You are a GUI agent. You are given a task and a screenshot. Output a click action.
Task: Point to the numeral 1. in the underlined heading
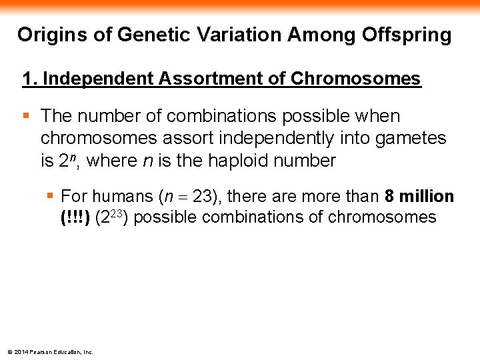(29, 79)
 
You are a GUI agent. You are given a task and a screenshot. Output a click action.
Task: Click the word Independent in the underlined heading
(98, 79)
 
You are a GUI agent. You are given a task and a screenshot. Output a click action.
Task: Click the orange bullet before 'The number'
(27, 115)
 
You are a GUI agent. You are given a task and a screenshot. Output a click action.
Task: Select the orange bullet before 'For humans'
(50, 195)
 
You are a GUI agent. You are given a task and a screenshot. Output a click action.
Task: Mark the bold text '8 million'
(419, 196)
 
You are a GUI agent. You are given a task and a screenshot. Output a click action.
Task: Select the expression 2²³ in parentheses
(112, 217)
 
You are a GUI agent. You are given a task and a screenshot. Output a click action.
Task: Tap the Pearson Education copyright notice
(50, 352)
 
